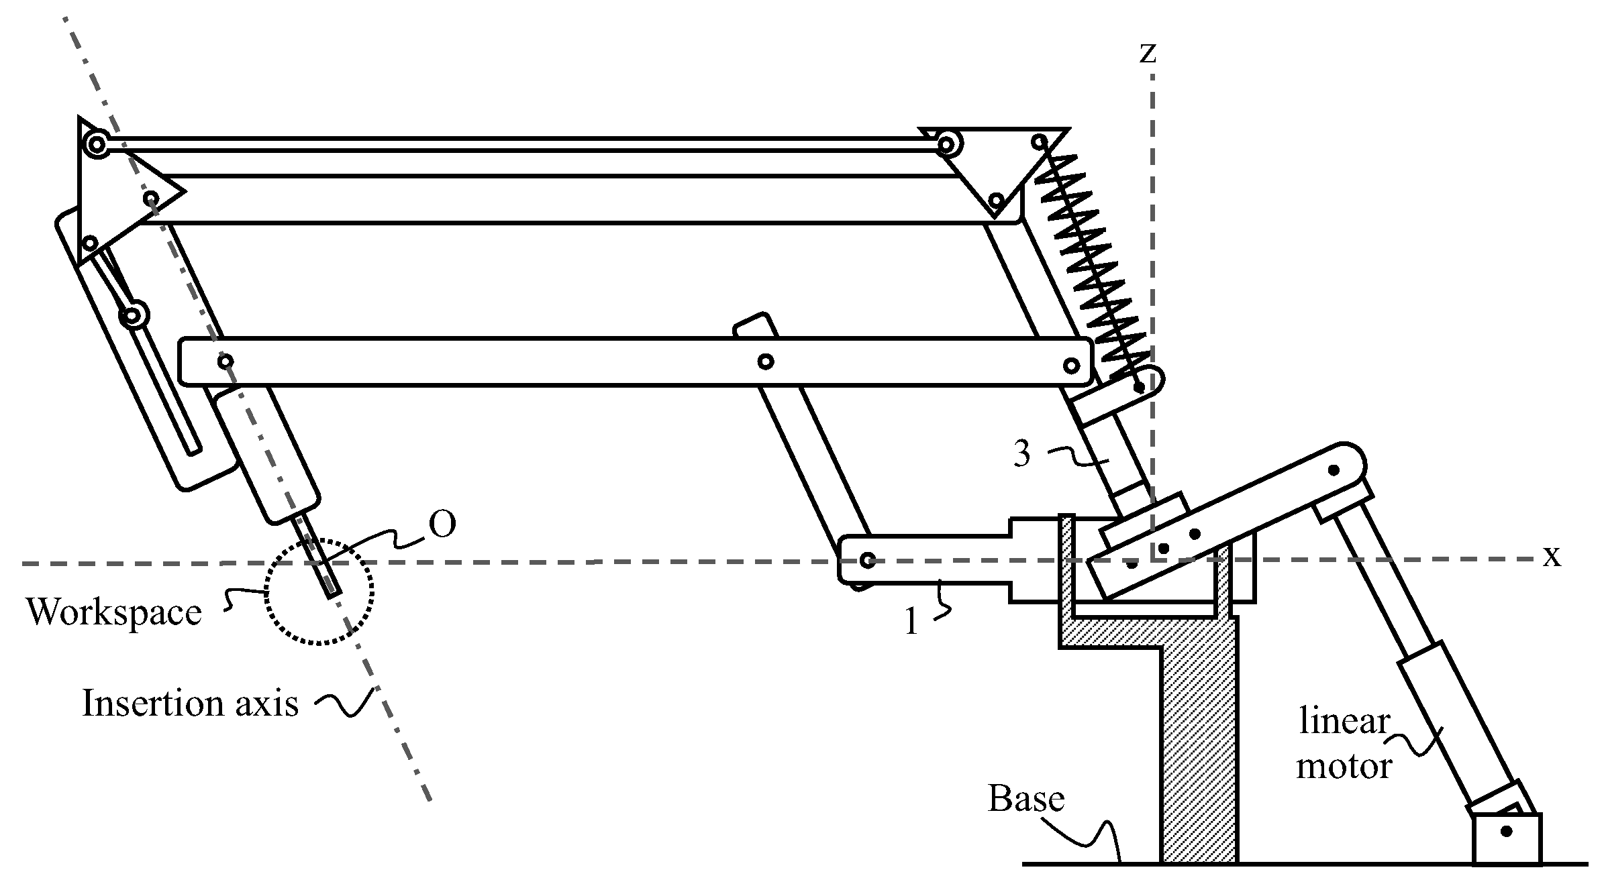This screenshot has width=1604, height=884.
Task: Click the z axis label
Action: pyautogui.click(x=1148, y=53)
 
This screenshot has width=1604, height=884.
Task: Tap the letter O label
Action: pyautogui.click(x=442, y=525)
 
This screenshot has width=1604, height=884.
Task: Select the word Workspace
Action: pyautogui.click(x=114, y=612)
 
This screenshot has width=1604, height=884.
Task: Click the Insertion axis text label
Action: pyautogui.click(x=190, y=704)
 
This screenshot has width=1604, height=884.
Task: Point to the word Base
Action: pyautogui.click(x=1026, y=799)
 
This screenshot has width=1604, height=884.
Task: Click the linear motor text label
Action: pyautogui.click(x=1344, y=744)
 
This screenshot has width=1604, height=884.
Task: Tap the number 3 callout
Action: pyautogui.click(x=1021, y=454)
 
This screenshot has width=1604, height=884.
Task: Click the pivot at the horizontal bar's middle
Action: pyautogui.click(x=765, y=362)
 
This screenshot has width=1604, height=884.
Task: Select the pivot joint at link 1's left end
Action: pyautogui.click(x=867, y=560)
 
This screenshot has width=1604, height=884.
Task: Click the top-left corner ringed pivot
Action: pyautogui.click(x=97, y=144)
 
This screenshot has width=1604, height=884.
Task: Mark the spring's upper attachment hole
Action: pyautogui.click(x=1040, y=142)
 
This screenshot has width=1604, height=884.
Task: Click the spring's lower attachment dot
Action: pyautogui.click(x=1139, y=388)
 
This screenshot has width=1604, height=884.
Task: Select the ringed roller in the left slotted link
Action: pyautogui.click(x=134, y=315)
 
